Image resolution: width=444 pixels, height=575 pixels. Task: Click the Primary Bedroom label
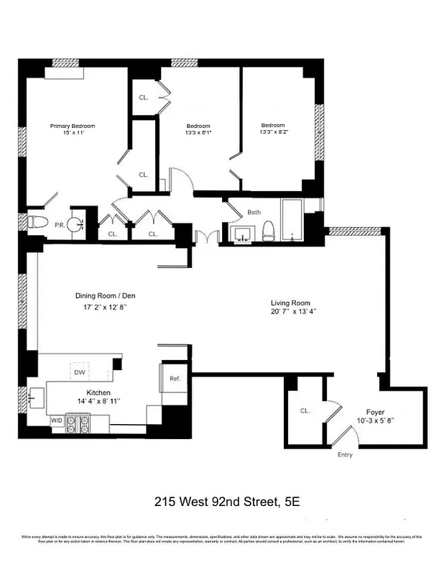[72, 126]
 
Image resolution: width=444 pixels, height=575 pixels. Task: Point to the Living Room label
[290, 303]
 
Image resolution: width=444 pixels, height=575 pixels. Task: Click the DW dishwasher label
[78, 373]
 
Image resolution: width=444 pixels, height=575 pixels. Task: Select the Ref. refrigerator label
[175, 378]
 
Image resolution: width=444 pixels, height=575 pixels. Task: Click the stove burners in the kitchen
[78, 423]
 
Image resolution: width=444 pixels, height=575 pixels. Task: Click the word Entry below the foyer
[346, 455]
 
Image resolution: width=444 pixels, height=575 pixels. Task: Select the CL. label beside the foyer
[305, 411]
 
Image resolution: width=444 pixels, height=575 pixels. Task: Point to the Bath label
[254, 213]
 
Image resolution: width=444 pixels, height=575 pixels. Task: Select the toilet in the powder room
[37, 222]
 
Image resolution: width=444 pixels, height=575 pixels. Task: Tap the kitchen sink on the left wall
[34, 395]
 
